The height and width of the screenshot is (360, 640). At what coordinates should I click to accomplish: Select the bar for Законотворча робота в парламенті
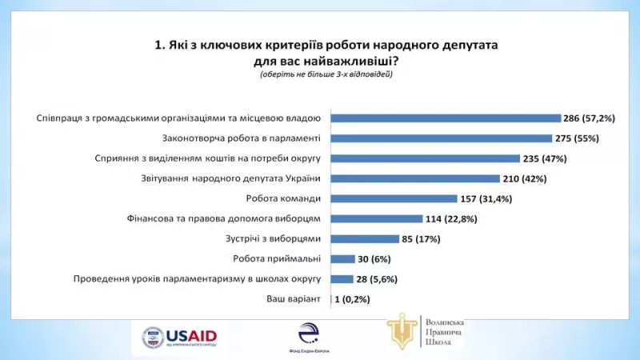pyautogui.click(x=441, y=138)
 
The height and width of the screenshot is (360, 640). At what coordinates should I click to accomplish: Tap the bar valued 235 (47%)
pyautogui.click(x=425, y=158)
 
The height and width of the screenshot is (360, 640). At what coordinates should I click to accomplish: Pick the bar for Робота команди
pyautogui.click(x=394, y=198)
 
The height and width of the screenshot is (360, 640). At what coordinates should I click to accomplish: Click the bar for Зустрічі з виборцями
pyautogui.click(x=365, y=238)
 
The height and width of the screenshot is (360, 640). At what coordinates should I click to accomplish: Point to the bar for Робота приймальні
pyautogui.click(x=342, y=258)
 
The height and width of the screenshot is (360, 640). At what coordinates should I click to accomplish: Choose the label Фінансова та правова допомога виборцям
pyautogui.click(x=223, y=218)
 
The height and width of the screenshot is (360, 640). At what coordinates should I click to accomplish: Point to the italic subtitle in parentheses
pyautogui.click(x=326, y=74)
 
